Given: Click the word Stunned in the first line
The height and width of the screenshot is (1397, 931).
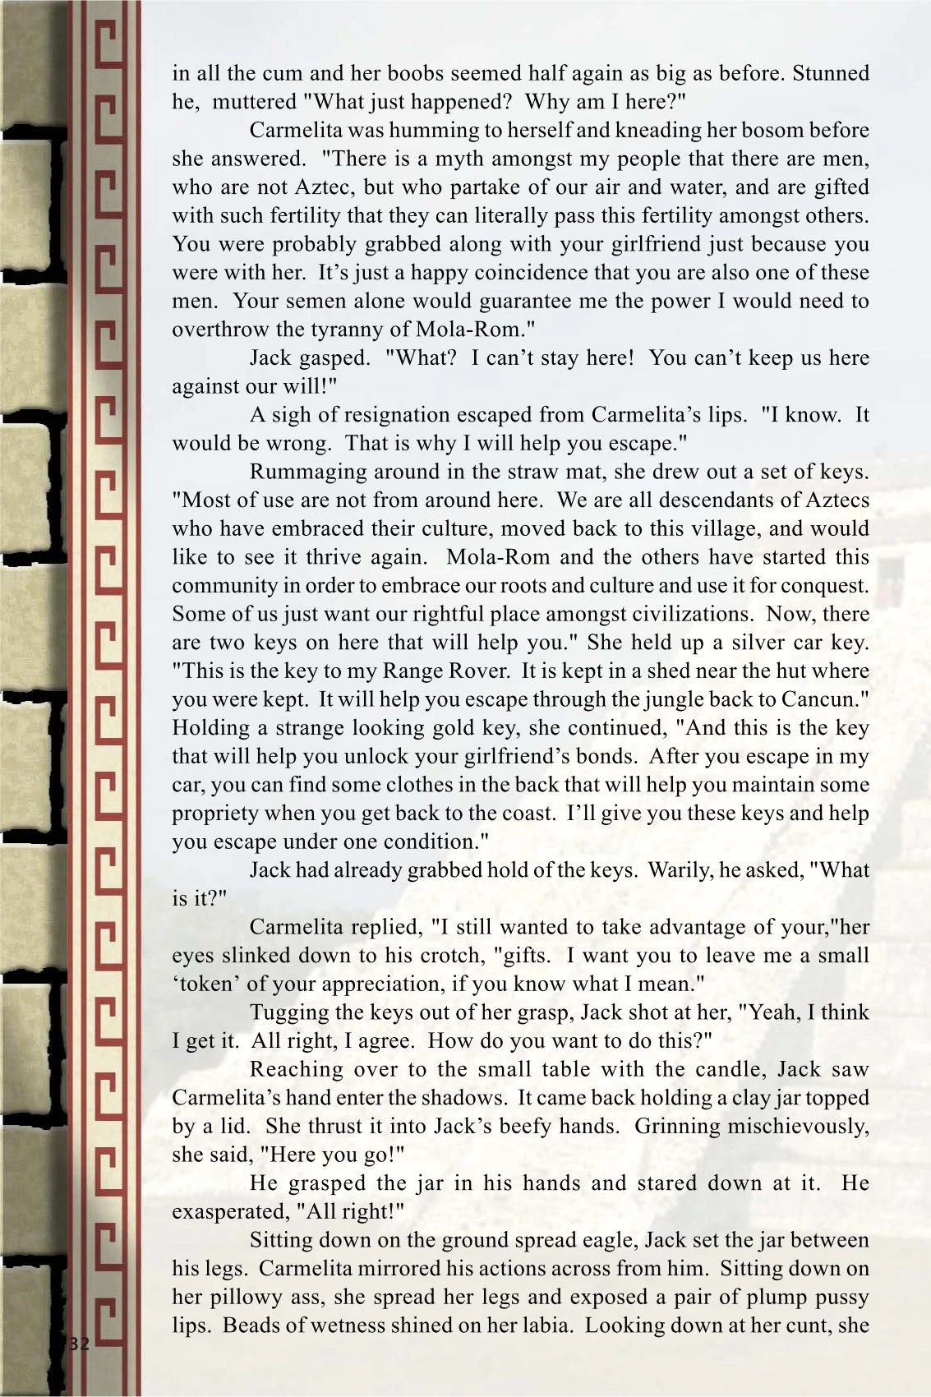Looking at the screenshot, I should tap(831, 73).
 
